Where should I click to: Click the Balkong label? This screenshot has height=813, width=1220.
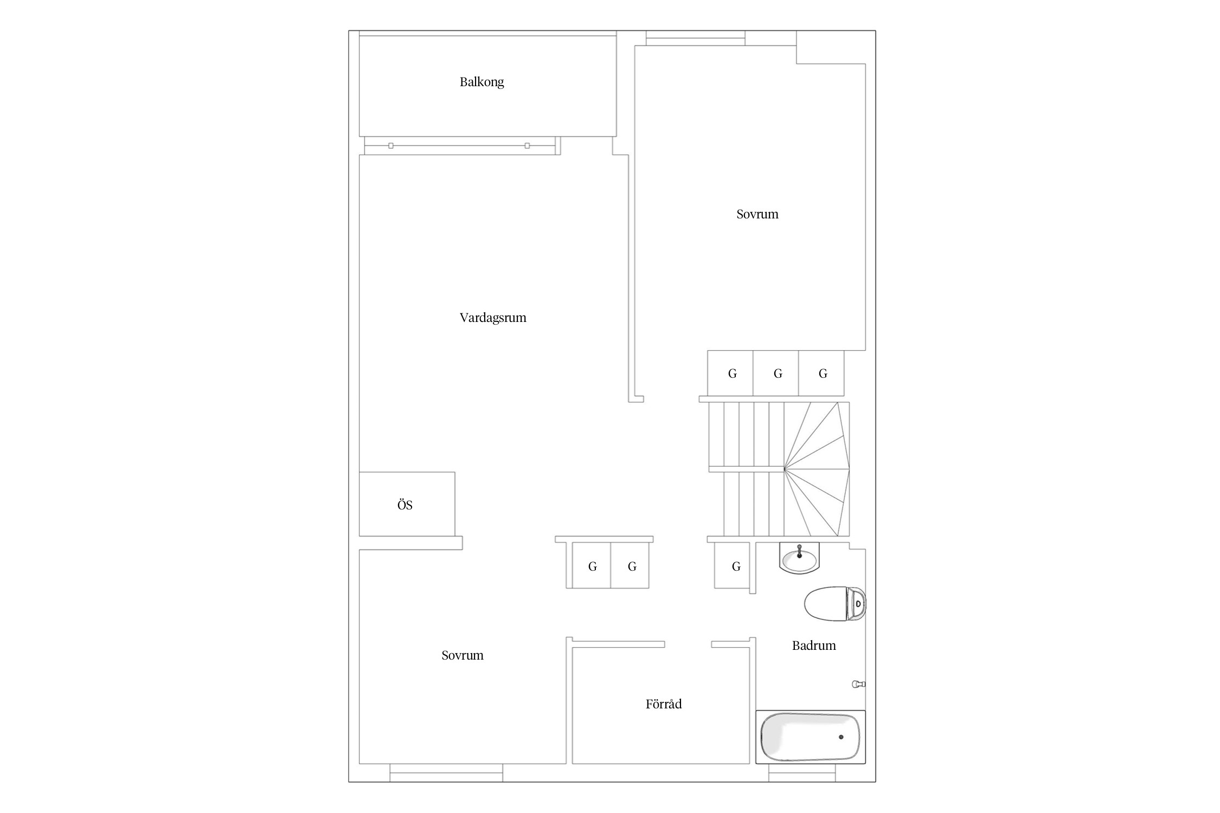pyautogui.click(x=481, y=82)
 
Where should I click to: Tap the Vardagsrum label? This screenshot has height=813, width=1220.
pyautogui.click(x=493, y=318)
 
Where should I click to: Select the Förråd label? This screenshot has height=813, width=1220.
pyautogui.click(x=664, y=704)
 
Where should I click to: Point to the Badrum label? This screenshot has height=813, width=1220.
pyautogui.click(x=814, y=646)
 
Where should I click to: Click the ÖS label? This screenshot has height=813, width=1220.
pyautogui.click(x=405, y=505)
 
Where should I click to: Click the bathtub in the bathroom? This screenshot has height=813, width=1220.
pyautogui.click(x=811, y=737)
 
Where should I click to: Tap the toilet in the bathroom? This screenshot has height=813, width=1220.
pyautogui.click(x=834, y=603)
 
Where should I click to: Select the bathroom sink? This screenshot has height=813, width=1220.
pyautogui.click(x=799, y=558)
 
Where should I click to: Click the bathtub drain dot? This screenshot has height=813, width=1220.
pyautogui.click(x=841, y=737)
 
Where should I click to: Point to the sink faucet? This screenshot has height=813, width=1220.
pyautogui.click(x=799, y=552)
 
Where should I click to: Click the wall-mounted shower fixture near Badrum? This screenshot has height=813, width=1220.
pyautogui.click(x=858, y=684)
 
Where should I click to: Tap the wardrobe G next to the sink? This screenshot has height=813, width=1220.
pyautogui.click(x=736, y=566)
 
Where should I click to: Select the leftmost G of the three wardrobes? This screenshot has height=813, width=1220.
pyautogui.click(x=732, y=373)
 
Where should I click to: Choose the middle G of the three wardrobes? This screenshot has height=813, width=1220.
pyautogui.click(x=778, y=373)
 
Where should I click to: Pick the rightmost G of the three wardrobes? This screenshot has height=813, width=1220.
pyautogui.click(x=823, y=373)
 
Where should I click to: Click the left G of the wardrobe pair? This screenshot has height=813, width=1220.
pyautogui.click(x=592, y=566)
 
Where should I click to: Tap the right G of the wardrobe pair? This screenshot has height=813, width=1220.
pyautogui.click(x=632, y=566)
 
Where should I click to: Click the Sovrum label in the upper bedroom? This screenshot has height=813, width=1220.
pyautogui.click(x=757, y=214)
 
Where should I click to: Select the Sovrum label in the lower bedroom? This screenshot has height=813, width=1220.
pyautogui.click(x=462, y=655)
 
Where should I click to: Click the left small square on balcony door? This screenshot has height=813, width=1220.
pyautogui.click(x=391, y=146)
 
